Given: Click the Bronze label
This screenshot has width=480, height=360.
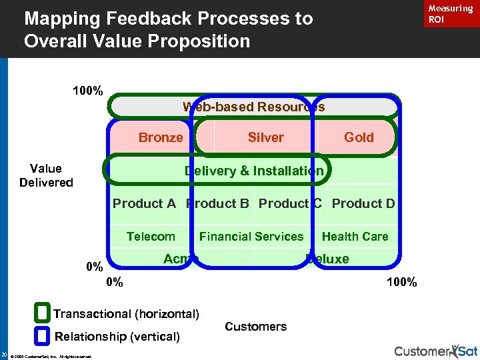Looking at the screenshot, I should point(160,137).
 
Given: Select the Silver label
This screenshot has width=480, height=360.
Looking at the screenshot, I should point(265,137).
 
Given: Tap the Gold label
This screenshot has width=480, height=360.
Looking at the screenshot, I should point(359,137).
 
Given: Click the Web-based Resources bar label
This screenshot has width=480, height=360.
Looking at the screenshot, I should point(253,107).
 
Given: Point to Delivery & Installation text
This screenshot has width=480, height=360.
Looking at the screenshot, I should point(253,171).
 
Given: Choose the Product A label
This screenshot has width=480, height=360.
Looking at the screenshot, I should point(144,203).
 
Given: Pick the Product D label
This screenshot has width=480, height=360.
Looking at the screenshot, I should point(363,203).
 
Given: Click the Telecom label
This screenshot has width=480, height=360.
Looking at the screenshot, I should point(151,236).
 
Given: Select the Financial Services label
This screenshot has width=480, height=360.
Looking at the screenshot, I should point(251,236).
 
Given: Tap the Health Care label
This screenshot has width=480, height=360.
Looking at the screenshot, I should point(355,236).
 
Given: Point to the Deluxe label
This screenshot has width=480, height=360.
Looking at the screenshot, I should point(327,259).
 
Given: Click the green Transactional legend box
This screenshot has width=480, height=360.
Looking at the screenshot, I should point(43,313).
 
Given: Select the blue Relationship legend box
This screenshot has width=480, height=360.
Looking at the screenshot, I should point(43,335).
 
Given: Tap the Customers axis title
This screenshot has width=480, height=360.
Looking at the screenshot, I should point(256,326).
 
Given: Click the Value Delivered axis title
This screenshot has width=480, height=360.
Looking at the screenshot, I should point(46,175).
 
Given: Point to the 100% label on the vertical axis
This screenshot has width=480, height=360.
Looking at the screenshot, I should point(87,91).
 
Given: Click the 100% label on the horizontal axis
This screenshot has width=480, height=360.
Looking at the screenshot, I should point(401,282).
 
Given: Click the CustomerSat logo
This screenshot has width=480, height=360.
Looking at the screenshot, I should point(435,351).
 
